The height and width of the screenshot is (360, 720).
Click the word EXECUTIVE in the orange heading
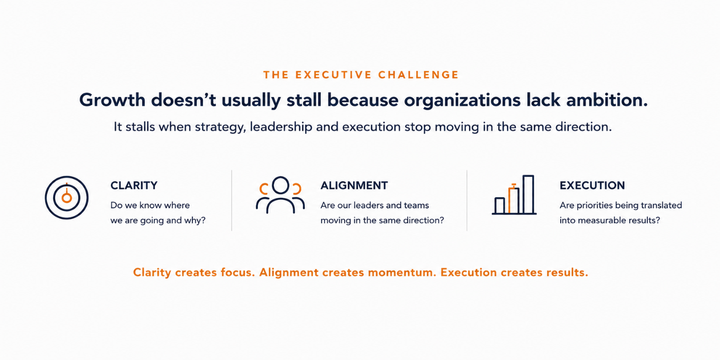[x=334, y=75]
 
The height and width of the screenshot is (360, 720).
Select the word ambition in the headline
[x=607, y=100]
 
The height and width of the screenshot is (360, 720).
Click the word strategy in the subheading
[x=220, y=127]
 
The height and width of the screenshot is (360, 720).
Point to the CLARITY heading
[x=134, y=185]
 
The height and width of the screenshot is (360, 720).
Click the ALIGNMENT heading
[x=354, y=185]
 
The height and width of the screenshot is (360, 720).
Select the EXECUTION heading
[x=592, y=185]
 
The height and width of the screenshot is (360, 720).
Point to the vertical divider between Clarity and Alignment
[x=231, y=200]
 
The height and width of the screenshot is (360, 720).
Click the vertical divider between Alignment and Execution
[x=467, y=200]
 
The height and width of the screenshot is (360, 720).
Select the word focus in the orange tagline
[x=238, y=273]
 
